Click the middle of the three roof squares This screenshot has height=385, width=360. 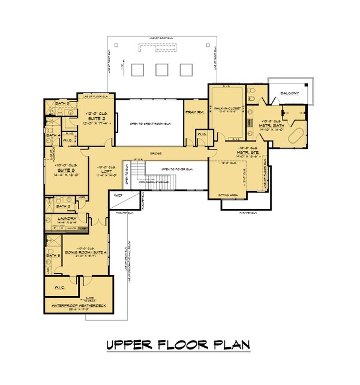161,70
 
